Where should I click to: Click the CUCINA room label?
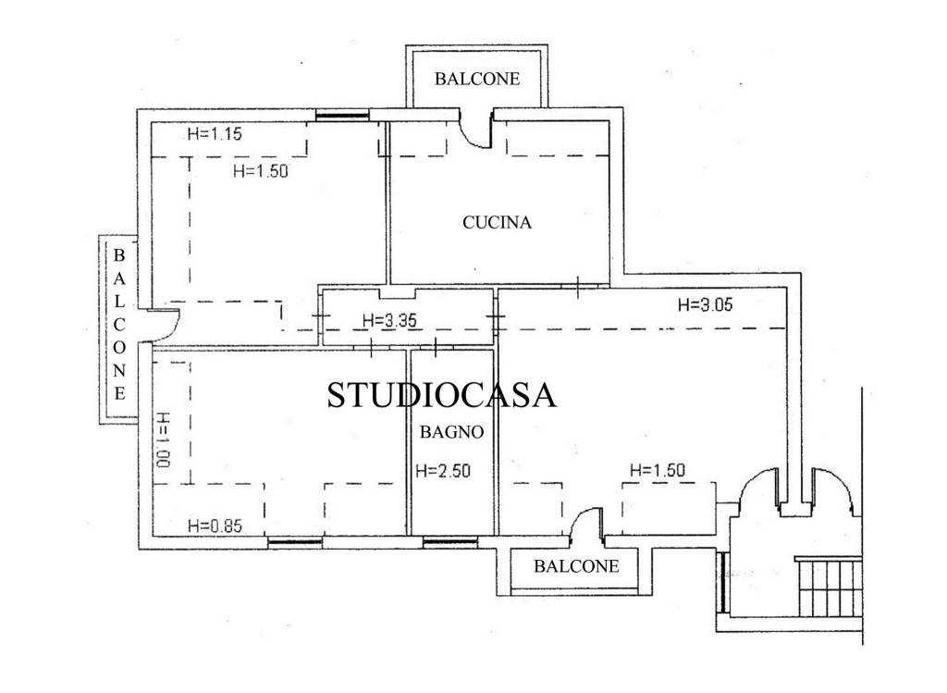497,223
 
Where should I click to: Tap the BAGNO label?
451,432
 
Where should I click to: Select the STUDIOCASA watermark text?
441,395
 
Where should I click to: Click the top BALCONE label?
477,80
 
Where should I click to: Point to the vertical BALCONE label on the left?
119,325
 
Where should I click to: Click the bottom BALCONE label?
576,566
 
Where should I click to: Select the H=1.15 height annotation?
215,133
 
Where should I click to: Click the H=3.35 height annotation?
389,320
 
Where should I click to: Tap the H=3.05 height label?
706,304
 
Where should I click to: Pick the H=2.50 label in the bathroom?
443,470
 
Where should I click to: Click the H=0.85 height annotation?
215,526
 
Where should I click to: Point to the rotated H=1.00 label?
163,439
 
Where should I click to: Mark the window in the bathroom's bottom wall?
450,543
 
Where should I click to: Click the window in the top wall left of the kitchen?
342,116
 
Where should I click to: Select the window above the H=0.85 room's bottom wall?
295,543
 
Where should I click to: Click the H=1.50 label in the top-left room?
260,171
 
